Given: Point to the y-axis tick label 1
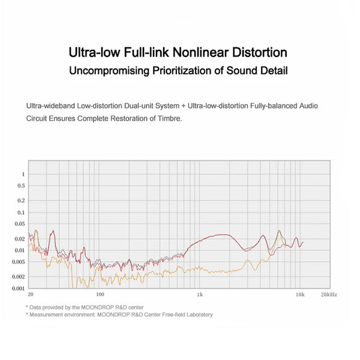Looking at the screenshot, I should (x=23, y=174).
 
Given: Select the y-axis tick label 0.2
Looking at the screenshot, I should (x=21, y=200).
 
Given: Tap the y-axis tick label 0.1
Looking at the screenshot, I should (x=21, y=212).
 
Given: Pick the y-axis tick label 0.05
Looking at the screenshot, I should (x=20, y=224).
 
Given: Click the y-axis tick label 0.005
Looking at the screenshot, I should (x=19, y=262).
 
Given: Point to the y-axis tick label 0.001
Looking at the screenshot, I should (x=19, y=288).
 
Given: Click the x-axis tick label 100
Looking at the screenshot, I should (x=100, y=295).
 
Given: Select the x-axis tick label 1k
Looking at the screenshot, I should (x=200, y=295).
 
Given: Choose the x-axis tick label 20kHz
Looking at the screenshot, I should (x=329, y=295).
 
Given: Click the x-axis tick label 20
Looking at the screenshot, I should (x=31, y=295).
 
